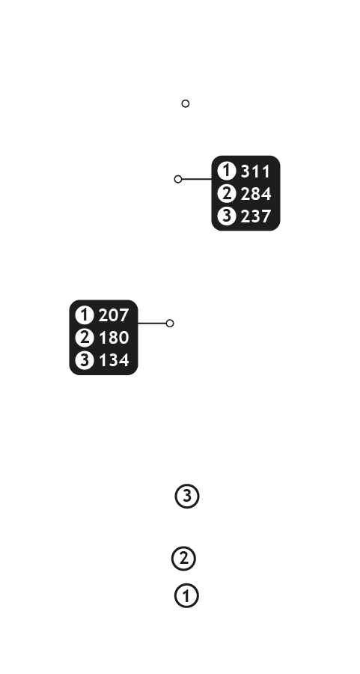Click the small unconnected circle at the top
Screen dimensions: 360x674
tap(185, 103)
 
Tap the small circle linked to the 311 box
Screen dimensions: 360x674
tap(178, 179)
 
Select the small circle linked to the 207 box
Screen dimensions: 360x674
tap(170, 324)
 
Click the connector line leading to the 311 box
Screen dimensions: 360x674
tap(197, 179)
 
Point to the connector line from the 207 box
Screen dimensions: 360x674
tap(152, 324)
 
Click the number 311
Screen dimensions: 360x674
tap(256, 171)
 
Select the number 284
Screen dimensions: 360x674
tap(256, 194)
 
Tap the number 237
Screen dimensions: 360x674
tap(256, 216)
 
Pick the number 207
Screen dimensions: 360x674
tap(114, 315)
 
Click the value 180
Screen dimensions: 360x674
tap(114, 338)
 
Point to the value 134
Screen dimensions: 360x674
tap(114, 360)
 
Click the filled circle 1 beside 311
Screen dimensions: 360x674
tap(226, 171)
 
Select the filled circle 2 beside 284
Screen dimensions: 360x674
tap(226, 193)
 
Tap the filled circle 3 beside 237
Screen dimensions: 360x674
tap(226, 216)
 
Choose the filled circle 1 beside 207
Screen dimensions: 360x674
tap(85, 315)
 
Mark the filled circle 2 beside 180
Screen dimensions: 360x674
tap(85, 338)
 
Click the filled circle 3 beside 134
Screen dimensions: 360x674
tap(85, 359)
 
